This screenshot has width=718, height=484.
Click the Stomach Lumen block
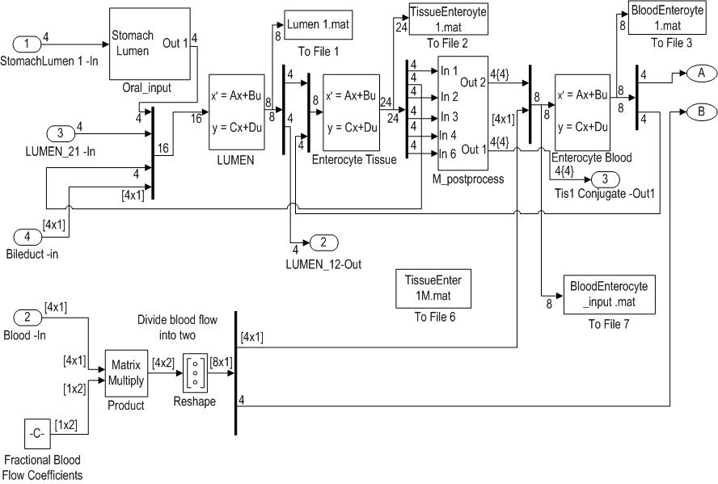(150, 44)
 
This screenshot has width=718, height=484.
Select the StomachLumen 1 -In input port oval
(27, 44)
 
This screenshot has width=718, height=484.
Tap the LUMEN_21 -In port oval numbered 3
(61, 133)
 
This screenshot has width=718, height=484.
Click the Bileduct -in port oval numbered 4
(27, 237)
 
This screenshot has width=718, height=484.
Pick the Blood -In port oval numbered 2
(27, 317)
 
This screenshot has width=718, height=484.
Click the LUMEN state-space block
(237, 112)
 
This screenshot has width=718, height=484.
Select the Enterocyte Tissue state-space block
(351, 112)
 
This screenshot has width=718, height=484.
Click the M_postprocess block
(463, 113)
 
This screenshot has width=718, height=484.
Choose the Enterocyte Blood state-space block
(582, 112)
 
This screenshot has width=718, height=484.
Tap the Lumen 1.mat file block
(319, 26)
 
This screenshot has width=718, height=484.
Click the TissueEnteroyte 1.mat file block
(448, 19)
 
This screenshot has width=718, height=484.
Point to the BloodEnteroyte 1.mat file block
(667, 19)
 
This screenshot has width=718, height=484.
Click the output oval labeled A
(700, 74)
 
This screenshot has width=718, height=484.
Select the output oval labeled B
(700, 112)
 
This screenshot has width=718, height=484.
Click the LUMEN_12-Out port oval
(323, 242)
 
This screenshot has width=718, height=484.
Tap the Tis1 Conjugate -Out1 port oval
(605, 179)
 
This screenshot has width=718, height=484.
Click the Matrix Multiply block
(126, 373)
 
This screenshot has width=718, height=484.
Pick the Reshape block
(195, 373)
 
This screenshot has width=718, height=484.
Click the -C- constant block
(37, 434)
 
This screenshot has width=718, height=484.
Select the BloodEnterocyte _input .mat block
(609, 295)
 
